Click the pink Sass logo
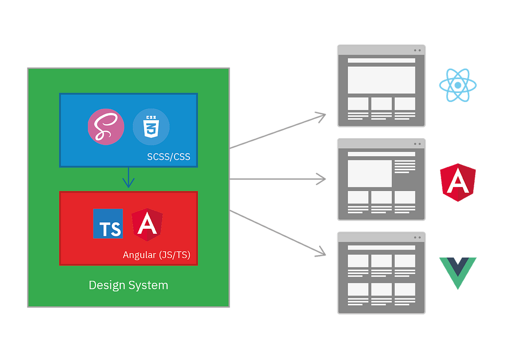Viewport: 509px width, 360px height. (x=105, y=127)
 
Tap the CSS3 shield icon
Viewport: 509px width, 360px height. (x=151, y=127)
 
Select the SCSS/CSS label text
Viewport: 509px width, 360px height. (x=169, y=157)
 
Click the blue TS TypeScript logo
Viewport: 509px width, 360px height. (x=108, y=223)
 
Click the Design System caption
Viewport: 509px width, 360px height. (x=128, y=285)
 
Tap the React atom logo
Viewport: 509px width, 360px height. (x=457, y=86)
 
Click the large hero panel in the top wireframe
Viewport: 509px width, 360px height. (x=381, y=80)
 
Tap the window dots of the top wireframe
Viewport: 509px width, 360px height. (x=417, y=50)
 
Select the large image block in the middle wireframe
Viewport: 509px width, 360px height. (x=370, y=174)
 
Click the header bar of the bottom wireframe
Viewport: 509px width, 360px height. (x=381, y=247)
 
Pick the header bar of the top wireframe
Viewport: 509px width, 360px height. (x=381, y=61)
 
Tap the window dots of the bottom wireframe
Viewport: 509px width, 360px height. (x=417, y=237)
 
